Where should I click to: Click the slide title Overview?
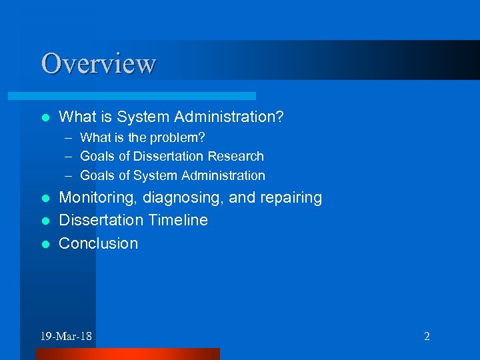pos(98,63)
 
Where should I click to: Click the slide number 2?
pos(427,336)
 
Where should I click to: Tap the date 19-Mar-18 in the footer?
pos(66,336)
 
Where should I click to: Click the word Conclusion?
pos(99,243)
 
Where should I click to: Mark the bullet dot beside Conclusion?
pos(45,244)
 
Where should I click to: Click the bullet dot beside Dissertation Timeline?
pos(45,221)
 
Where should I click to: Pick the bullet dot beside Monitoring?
pos(45,199)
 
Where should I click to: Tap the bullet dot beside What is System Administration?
pos(45,118)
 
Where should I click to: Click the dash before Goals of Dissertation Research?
pos(69,157)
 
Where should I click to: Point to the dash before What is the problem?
pos(69,138)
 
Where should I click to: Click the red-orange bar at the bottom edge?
pos(127,354)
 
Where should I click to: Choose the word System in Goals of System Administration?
pos(153,176)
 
